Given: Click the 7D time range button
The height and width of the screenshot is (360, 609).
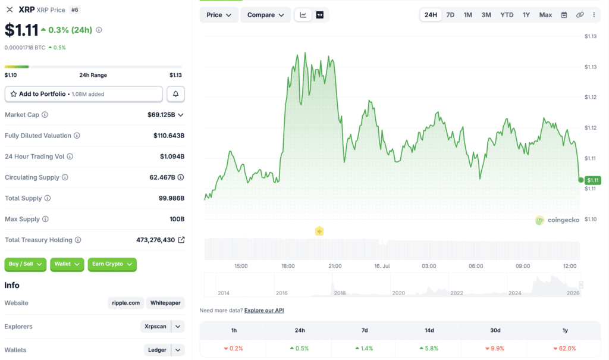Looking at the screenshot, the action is click(450, 15).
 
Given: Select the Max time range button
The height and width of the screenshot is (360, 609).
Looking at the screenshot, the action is click(545, 15).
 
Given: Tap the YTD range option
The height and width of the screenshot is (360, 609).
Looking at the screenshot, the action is click(507, 15).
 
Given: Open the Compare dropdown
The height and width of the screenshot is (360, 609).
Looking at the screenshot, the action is click(266, 15).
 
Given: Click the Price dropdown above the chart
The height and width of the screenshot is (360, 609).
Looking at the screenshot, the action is click(219, 15).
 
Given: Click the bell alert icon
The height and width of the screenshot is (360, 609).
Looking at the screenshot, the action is click(175, 94).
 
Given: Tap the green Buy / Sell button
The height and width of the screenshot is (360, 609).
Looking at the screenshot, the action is click(25, 264).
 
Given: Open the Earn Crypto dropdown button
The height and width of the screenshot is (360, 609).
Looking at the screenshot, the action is click(112, 264).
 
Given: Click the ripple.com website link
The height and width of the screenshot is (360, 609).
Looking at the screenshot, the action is click(126, 303).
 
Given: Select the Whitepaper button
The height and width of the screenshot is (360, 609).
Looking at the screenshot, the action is click(165, 303).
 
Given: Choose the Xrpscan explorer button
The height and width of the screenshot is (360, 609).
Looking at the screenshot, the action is click(155, 327).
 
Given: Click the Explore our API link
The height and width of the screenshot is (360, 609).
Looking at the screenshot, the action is click(264, 310).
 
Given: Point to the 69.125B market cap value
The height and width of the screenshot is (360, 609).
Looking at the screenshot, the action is click(161, 115).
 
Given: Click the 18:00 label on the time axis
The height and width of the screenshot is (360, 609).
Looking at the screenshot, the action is click(288, 266).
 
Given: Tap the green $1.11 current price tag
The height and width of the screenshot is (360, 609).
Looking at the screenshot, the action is click(593, 180).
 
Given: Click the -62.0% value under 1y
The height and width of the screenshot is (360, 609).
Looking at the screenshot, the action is click(565, 348).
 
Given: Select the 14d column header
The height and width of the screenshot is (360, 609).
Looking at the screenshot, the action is click(429, 330).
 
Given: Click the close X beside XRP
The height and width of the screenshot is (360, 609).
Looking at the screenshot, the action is click(10, 10).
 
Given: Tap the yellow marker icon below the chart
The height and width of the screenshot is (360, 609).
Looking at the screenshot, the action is click(319, 231).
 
